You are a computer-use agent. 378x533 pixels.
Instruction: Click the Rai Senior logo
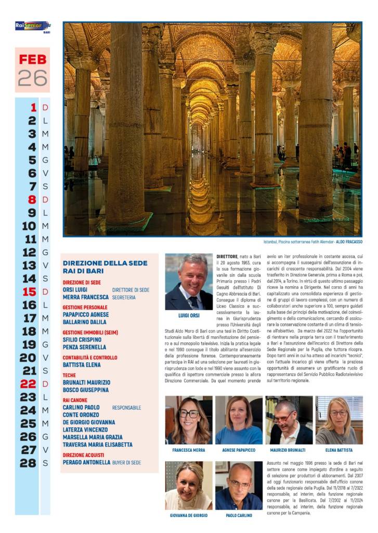[32, 26]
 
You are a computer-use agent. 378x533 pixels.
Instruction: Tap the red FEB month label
[32, 59]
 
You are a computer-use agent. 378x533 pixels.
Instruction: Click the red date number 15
[29, 291]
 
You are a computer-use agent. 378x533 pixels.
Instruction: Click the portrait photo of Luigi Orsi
[189, 282]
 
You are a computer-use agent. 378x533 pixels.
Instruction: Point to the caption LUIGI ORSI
[189, 315]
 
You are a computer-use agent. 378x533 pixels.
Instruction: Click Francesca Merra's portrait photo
[189, 420]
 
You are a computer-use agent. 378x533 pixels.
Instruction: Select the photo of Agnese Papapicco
[239, 420]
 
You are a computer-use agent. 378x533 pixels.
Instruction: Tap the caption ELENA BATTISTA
[339, 450]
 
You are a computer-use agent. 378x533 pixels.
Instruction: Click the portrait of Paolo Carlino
[239, 485]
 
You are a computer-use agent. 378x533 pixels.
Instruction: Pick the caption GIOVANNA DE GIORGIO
[189, 515]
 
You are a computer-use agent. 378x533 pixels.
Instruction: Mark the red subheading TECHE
[69, 375]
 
